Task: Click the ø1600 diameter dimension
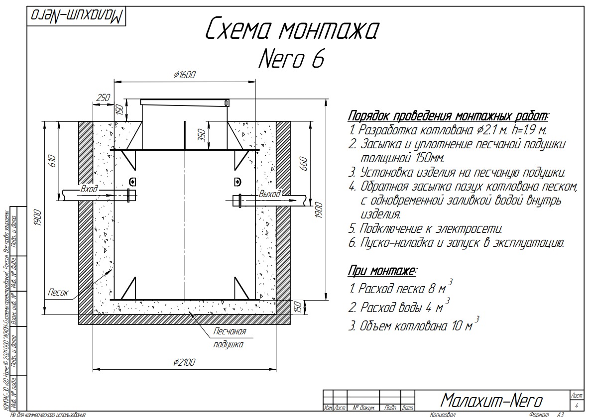click(x=185, y=75)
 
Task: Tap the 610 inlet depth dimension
click(x=52, y=160)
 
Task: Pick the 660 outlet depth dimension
click(x=304, y=163)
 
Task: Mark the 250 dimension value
click(x=103, y=98)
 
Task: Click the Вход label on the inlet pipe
click(x=89, y=190)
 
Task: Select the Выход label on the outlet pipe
click(x=269, y=194)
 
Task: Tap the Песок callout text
click(x=58, y=292)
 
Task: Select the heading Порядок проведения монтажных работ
click(x=448, y=116)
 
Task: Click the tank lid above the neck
click(x=185, y=103)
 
